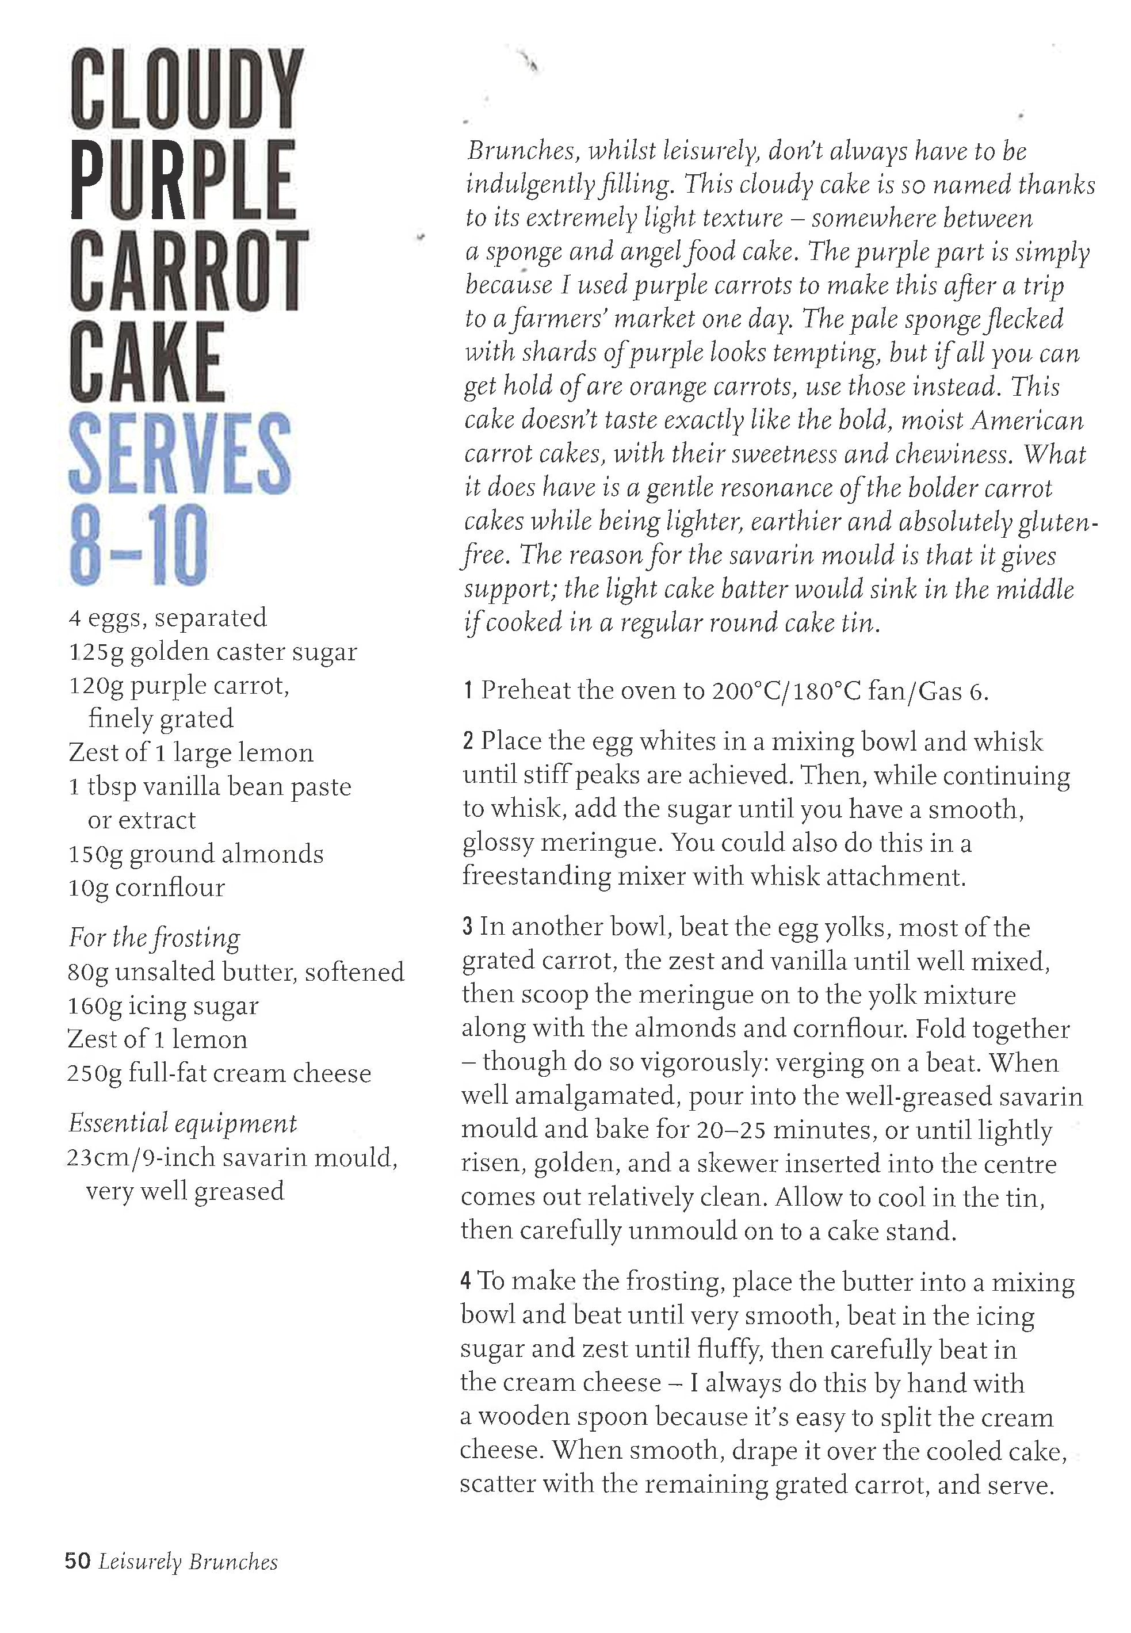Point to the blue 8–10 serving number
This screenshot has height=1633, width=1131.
[x=139, y=545]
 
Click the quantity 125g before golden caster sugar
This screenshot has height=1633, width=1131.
[x=95, y=652]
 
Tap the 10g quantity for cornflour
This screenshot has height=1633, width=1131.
[x=88, y=889]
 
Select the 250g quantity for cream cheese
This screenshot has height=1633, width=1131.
[x=94, y=1074]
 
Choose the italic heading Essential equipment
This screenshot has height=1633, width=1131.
[x=182, y=1123]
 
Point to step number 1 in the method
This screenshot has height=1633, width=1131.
[x=468, y=691]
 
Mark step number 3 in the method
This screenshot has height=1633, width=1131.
[x=467, y=927]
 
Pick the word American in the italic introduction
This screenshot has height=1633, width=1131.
[x=1027, y=421]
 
